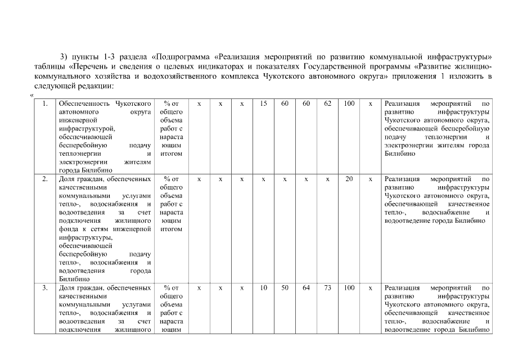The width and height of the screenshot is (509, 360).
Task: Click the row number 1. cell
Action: click(x=45, y=104)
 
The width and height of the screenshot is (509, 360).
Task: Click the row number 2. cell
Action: click(x=45, y=179)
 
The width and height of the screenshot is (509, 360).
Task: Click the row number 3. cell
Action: click(x=45, y=287)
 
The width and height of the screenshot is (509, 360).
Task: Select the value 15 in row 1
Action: click(x=263, y=104)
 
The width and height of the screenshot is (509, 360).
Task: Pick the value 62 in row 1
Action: click(x=327, y=104)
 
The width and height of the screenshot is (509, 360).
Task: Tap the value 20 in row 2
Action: click(x=349, y=179)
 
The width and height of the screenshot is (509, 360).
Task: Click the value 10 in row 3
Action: click(x=263, y=287)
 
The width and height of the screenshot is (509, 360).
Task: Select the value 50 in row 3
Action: click(x=285, y=287)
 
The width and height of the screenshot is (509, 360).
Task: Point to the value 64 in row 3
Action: click(x=306, y=287)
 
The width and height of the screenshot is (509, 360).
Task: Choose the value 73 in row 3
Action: click(x=327, y=287)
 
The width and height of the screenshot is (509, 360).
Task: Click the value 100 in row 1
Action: click(x=349, y=104)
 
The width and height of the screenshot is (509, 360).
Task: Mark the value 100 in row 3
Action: click(x=349, y=287)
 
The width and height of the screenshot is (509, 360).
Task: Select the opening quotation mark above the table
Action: click(x=31, y=95)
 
